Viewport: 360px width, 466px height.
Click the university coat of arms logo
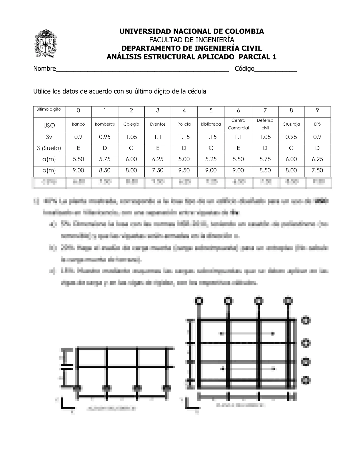[x=46, y=44]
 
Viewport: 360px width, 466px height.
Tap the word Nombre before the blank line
[x=44, y=69]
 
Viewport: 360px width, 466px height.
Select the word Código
[x=244, y=69]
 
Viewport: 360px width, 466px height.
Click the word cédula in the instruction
[x=197, y=91]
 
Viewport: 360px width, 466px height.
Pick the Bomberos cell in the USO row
[x=105, y=124]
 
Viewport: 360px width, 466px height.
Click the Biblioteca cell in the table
[x=211, y=124]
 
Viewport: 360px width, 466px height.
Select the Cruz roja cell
[x=291, y=124]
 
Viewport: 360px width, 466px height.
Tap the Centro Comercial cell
[x=238, y=124]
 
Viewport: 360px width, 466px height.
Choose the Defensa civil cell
[x=265, y=124]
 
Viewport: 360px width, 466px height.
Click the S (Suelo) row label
[x=49, y=148]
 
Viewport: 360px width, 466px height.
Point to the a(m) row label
[x=49, y=159]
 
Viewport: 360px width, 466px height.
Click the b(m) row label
[x=49, y=170]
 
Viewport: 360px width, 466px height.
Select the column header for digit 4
[x=184, y=111]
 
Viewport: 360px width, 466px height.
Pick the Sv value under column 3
[x=158, y=137]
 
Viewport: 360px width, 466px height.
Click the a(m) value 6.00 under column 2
[x=131, y=159]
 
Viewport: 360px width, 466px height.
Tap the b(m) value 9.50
[x=184, y=170]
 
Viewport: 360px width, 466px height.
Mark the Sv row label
[x=49, y=137]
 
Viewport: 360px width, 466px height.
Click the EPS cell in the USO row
[x=317, y=124]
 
